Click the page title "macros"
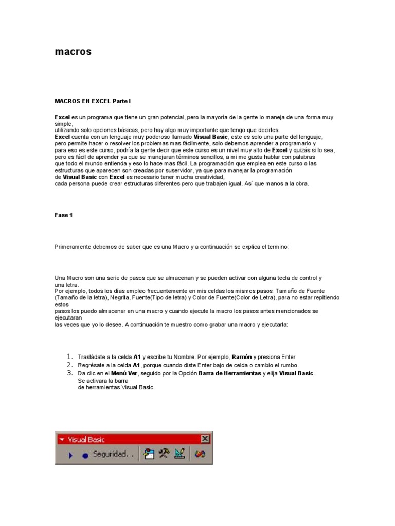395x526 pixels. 73,52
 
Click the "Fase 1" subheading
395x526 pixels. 63,215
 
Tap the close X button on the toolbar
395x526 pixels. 205,439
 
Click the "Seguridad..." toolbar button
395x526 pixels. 113,454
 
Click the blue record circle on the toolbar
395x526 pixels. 85,455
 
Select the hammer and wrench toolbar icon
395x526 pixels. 164,454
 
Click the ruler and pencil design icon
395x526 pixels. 179,454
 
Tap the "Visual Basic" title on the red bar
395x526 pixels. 86,439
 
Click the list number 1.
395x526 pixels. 70,357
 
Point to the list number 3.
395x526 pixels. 70,373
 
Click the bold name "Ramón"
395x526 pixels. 242,357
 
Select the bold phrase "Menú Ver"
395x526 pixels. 125,373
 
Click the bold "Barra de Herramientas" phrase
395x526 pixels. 230,373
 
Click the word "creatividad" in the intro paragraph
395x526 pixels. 208,177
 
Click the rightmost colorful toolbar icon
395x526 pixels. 200,454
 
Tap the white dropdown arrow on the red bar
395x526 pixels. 61,439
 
